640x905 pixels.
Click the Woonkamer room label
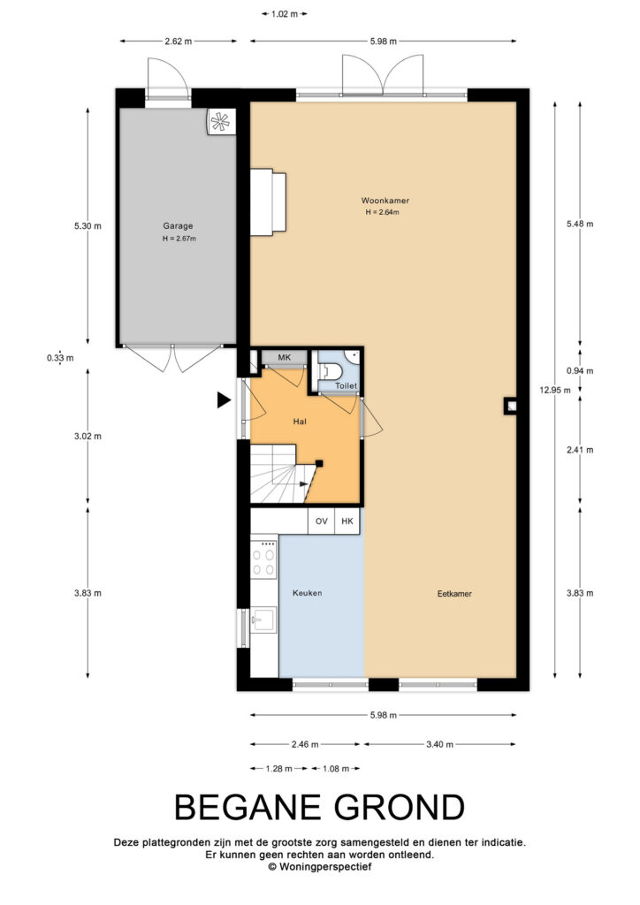(385, 201)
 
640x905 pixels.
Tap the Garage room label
(178, 226)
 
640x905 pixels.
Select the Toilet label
(347, 385)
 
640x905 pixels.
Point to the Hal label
(300, 422)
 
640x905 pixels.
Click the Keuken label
(307, 593)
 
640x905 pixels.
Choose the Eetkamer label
(454, 593)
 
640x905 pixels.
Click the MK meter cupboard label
(285, 358)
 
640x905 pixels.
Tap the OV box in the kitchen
(322, 521)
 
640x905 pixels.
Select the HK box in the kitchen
(347, 521)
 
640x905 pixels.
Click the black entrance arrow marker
(224, 399)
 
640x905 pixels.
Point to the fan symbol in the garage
(220, 121)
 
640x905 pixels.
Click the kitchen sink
(263, 620)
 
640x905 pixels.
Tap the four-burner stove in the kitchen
(263, 559)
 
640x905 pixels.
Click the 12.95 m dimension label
(555, 390)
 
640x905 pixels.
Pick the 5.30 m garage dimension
(88, 226)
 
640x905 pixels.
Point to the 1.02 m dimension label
(285, 14)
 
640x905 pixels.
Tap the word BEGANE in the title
(248, 807)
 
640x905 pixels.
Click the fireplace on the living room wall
(269, 202)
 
